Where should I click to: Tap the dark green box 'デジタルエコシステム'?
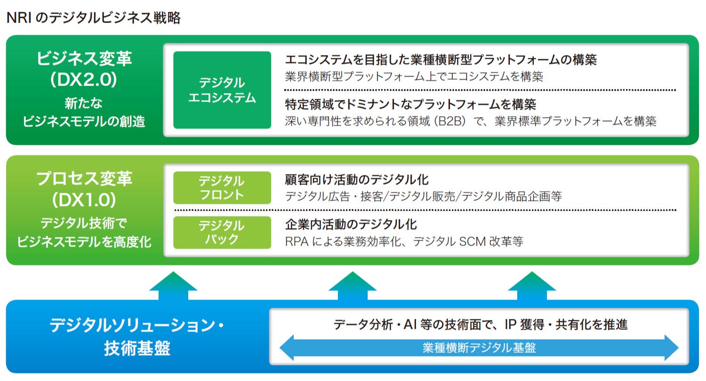coord(222,90)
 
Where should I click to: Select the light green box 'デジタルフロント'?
coord(222,187)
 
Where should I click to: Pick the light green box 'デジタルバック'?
coord(222,232)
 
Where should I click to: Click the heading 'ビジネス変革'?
coord(84,59)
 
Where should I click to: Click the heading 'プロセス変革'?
coord(84,179)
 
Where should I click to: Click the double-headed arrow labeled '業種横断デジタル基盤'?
coord(479,348)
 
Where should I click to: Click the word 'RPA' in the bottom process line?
coord(296,242)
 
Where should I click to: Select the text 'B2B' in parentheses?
coord(449,121)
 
